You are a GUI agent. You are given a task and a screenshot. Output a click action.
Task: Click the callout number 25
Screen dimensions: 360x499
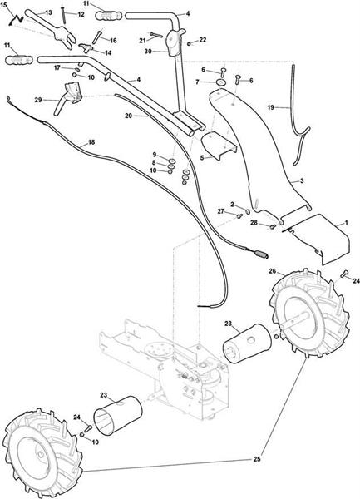(x=257, y=459)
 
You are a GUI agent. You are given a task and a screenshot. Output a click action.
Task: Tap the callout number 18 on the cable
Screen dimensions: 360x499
(x=91, y=142)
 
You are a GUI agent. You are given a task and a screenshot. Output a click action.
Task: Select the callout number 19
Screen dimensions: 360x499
(x=271, y=107)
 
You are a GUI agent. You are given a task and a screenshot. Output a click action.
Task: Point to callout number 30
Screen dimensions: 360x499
(x=148, y=51)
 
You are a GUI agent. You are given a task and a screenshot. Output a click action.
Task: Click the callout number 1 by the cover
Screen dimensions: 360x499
(x=347, y=223)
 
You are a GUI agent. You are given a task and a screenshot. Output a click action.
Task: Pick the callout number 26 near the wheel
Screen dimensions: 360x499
(x=272, y=271)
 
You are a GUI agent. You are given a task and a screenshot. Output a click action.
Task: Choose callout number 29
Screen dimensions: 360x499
(x=38, y=100)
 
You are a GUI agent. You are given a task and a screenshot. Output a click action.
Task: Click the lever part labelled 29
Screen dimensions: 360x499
(x=68, y=97)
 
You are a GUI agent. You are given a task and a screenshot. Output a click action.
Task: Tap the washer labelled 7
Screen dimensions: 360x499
(x=220, y=82)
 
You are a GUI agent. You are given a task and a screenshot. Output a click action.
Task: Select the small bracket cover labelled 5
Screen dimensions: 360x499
(x=219, y=145)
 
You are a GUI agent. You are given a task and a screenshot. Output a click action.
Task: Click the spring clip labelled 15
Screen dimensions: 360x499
(x=16, y=20)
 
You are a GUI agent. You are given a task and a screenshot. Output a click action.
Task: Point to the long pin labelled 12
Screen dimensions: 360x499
(x=64, y=15)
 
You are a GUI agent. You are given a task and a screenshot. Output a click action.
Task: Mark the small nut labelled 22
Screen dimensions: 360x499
(x=190, y=44)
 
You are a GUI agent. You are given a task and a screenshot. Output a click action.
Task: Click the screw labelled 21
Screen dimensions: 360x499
(x=156, y=34)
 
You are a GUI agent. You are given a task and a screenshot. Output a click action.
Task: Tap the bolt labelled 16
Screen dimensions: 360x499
(x=97, y=37)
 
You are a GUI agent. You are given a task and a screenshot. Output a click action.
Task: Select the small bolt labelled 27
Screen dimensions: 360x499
(x=239, y=215)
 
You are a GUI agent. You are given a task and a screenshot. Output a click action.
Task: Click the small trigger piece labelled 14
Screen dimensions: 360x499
(x=86, y=47)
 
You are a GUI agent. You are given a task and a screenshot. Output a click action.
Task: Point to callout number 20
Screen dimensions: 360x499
(x=129, y=116)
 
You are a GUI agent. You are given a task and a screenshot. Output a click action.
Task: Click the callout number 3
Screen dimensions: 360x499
(x=302, y=180)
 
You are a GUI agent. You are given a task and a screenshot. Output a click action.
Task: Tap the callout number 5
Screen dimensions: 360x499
(x=202, y=156)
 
